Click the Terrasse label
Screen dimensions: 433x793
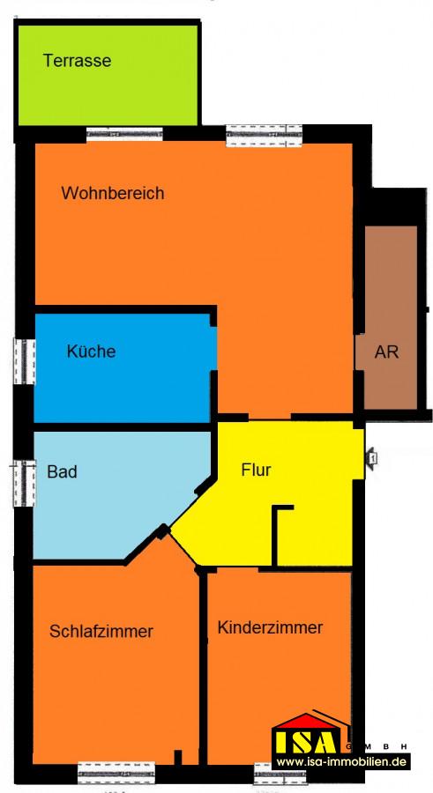point(77,61)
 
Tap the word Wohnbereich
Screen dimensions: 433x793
point(112,193)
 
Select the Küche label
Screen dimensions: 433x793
point(91,351)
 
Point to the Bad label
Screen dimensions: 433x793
point(63,472)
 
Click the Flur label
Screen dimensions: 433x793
point(256,470)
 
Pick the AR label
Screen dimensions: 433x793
point(386,352)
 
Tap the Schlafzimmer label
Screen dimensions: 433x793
point(101,631)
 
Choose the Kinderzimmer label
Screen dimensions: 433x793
point(270,627)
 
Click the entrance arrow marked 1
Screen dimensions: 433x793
point(371,459)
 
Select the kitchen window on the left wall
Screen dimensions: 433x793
point(24,361)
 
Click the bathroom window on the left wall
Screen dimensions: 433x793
point(25,483)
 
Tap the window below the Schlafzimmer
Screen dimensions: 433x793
point(116,773)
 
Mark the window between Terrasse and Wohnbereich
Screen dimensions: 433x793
point(124,134)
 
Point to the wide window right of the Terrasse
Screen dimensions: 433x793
point(264,136)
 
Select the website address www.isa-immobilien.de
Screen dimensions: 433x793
point(342,761)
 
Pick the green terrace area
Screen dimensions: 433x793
point(108,75)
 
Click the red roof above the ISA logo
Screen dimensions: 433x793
point(306,720)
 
